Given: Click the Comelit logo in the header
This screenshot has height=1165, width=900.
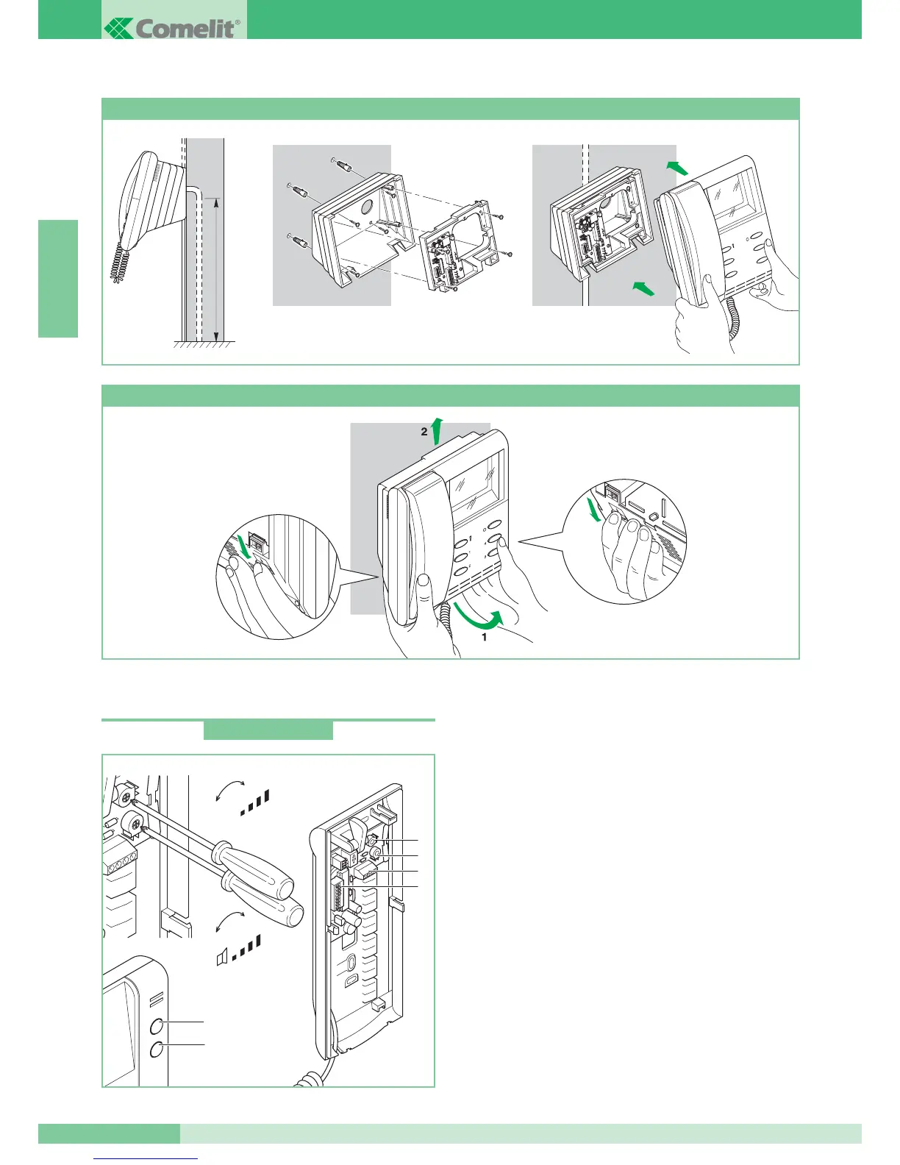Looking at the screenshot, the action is pyautogui.click(x=172, y=29).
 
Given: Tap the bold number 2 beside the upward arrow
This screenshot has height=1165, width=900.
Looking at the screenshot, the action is pyautogui.click(x=424, y=432).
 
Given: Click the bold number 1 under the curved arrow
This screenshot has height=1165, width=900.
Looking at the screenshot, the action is pyautogui.click(x=484, y=638).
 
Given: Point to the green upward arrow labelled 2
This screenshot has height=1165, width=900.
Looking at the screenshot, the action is pyautogui.click(x=437, y=430).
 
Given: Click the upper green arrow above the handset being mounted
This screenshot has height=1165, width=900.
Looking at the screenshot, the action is pyautogui.click(x=677, y=168).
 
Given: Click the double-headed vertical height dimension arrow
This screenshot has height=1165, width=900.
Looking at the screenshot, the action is pyautogui.click(x=215, y=269).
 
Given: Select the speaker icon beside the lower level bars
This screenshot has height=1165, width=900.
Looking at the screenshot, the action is pyautogui.click(x=221, y=957).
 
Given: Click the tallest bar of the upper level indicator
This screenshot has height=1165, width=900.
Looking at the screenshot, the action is pyautogui.click(x=267, y=796).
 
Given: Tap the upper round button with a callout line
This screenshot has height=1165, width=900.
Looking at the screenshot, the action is pyautogui.click(x=157, y=1027).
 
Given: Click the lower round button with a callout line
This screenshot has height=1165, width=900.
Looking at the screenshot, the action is pyautogui.click(x=157, y=1050).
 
